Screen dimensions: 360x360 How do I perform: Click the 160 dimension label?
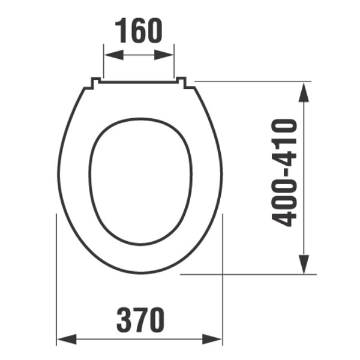pos(139,31)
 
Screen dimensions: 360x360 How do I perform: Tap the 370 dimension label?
pos(140,320)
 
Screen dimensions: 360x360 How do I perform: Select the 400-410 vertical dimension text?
pos(284,173)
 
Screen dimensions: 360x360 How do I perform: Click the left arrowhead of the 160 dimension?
pos(113,55)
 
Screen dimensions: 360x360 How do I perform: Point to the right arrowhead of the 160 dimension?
pos(164,55)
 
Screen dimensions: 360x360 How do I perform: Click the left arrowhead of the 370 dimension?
pos(67,339)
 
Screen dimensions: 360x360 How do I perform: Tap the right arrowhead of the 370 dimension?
pos(212,339)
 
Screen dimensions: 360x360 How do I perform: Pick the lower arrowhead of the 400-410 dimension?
pos(304,264)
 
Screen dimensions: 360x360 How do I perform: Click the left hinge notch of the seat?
pos(96,82)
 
